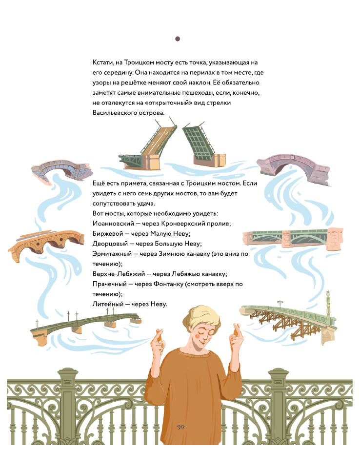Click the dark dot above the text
pos(178,39)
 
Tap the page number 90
pos(181,427)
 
